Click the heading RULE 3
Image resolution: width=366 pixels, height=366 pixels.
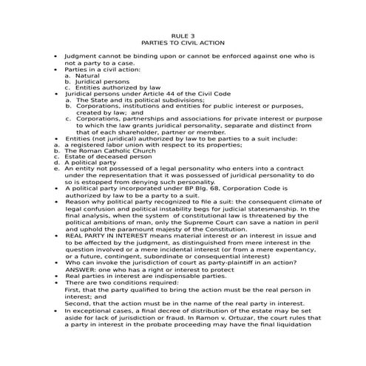183,35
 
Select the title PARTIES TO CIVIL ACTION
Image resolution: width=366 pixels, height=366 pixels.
183,43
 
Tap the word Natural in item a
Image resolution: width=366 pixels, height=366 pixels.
87,75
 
